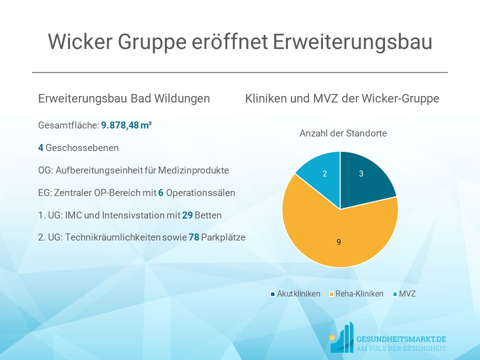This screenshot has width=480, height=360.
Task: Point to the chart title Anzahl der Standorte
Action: [x=343, y=133]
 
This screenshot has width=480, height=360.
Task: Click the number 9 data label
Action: [x=339, y=242]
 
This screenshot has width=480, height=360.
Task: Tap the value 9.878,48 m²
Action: [x=126, y=125]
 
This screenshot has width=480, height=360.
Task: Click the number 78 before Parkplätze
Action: [x=194, y=237]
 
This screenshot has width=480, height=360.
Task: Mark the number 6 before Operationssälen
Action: [x=161, y=193]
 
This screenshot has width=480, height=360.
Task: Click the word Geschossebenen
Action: [x=82, y=148]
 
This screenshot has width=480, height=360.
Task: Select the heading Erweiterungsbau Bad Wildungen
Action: [x=124, y=99]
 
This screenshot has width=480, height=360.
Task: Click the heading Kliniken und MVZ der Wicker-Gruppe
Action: [x=342, y=99]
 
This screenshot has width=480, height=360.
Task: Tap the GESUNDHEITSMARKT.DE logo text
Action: [x=399, y=339]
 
